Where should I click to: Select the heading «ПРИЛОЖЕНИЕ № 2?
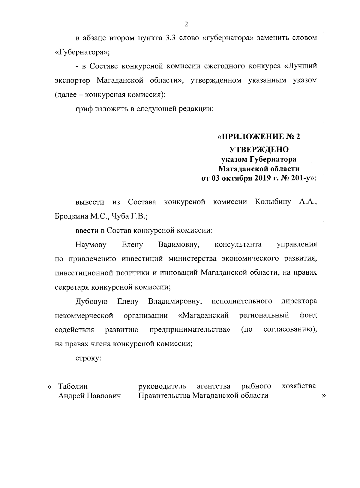point(259,137)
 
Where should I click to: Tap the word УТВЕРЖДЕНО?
point(259,149)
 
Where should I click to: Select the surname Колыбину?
point(273,202)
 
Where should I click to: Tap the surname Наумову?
point(91,245)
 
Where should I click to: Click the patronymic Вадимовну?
point(179,245)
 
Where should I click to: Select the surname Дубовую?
point(91,301)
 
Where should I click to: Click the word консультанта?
point(238,245)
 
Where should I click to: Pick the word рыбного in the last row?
point(256,386)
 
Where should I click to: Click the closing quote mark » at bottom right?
point(323,396)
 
